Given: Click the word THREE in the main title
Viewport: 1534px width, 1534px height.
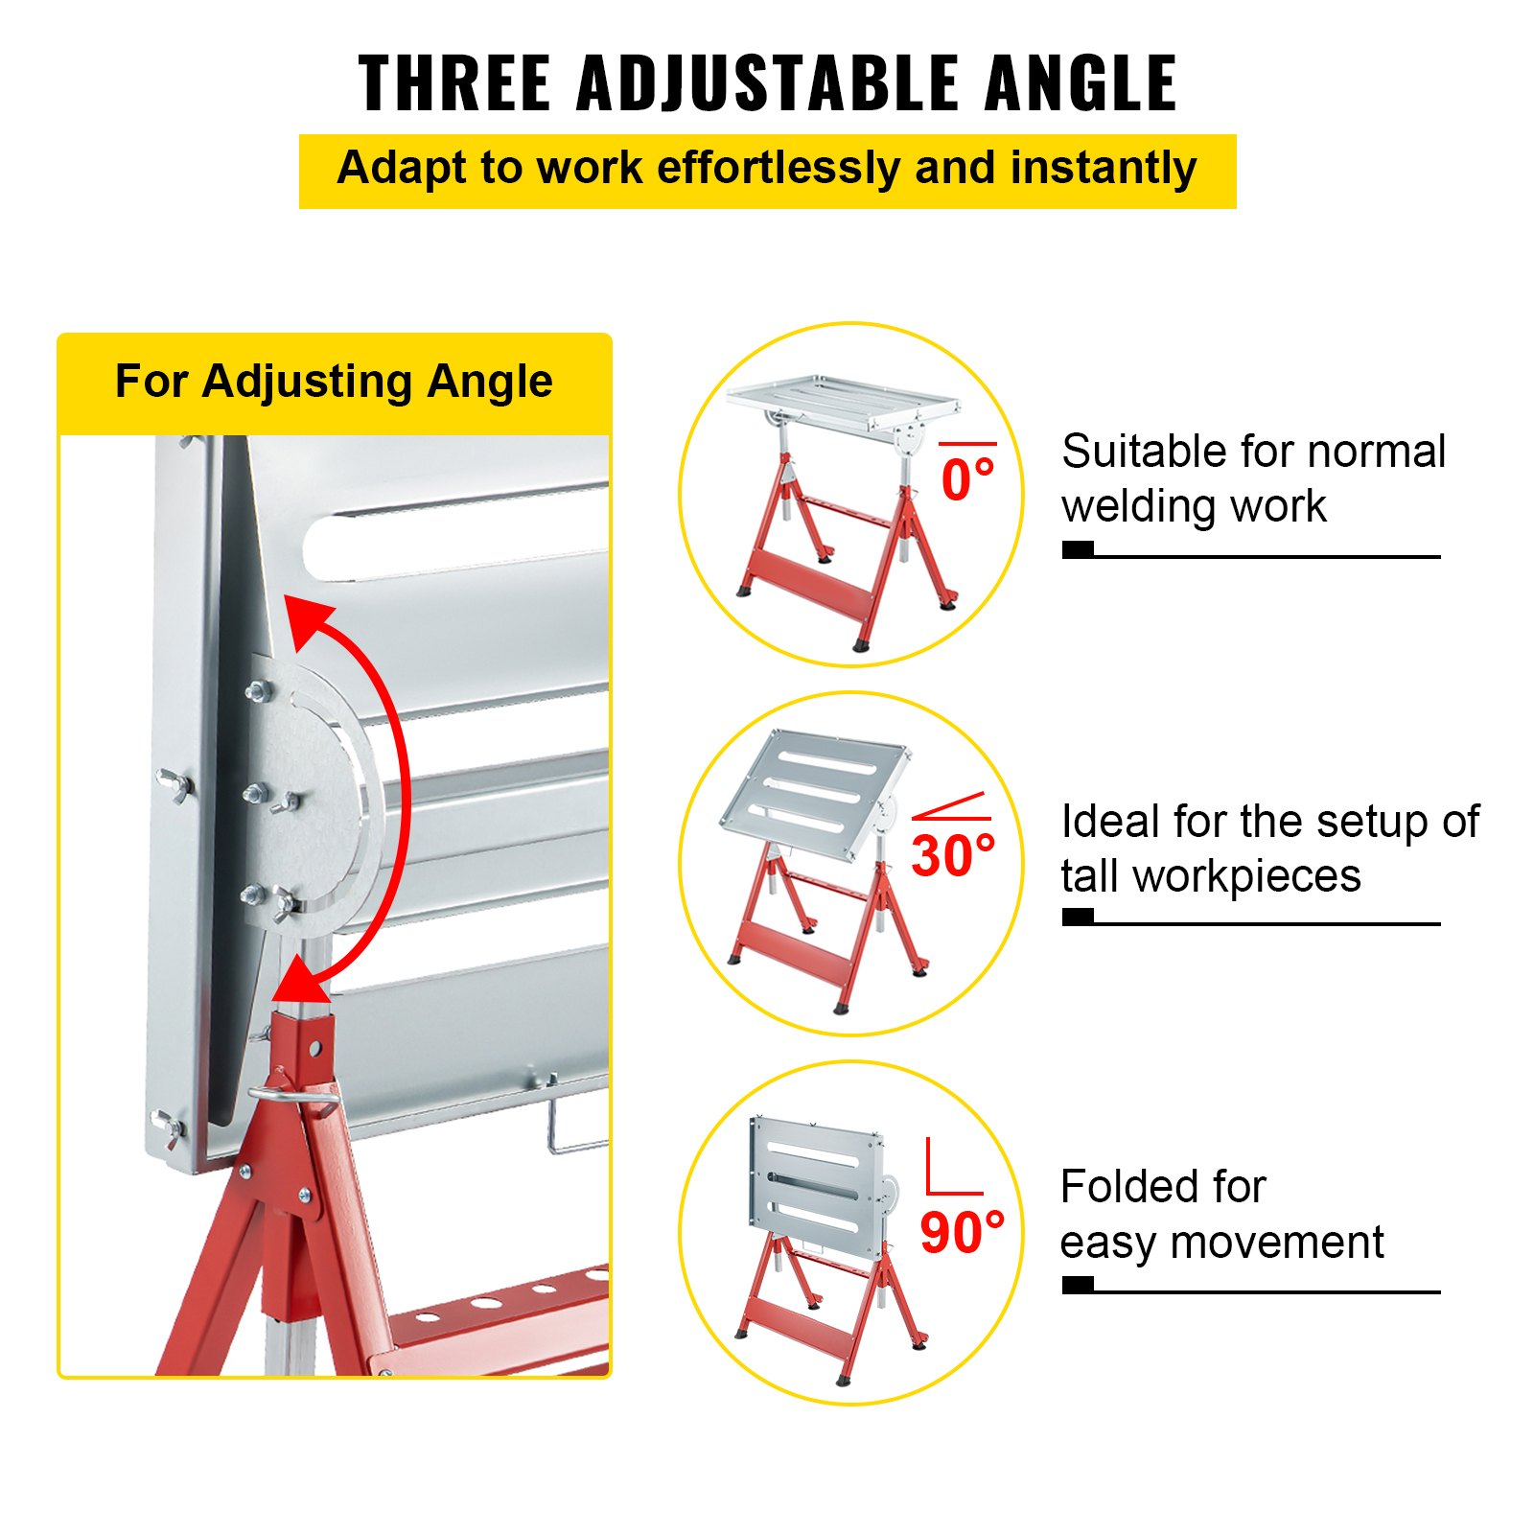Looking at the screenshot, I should (454, 82).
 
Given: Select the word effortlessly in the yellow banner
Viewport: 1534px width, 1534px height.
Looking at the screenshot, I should (779, 169).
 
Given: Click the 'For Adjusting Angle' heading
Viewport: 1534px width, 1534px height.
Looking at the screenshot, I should (334, 382).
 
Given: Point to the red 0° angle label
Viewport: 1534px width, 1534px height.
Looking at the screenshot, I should (967, 479).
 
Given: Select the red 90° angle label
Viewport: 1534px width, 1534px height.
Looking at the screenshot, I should (962, 1232).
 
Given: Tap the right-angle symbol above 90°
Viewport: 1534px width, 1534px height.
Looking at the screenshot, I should (952, 1168).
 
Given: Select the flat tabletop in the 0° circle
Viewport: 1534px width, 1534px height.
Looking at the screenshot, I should (842, 400).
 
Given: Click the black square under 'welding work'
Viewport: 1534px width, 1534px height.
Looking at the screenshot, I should (1078, 549).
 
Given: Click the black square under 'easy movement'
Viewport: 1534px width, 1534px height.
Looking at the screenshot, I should (1078, 1285).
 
